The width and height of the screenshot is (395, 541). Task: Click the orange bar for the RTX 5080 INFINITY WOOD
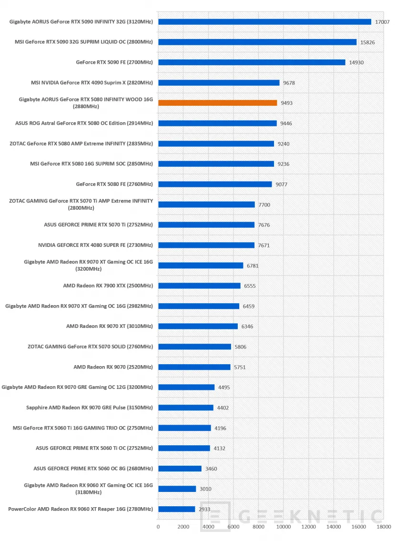pos(218,103)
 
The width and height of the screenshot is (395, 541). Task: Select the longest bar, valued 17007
pos(265,22)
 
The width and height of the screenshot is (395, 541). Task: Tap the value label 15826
pos(367,42)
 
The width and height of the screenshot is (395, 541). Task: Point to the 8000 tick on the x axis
pos(258,527)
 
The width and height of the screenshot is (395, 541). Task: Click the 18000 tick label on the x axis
pos(384,527)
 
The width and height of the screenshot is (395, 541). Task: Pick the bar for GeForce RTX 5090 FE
pos(252,62)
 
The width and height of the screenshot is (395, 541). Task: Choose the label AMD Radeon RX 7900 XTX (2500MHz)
pos(108,286)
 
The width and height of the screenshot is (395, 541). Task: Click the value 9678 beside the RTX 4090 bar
pos(289,83)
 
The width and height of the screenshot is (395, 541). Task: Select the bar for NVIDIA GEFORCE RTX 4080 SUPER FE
pos(207,245)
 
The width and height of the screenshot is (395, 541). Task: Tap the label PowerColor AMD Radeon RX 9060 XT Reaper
pos(81,509)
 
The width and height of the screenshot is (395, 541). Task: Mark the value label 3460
pos(211,469)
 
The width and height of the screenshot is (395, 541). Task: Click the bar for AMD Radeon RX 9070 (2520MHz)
pos(194,367)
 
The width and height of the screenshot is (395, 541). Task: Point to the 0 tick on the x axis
pos(158,527)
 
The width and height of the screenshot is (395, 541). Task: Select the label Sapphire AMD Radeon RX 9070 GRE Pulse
pos(90,408)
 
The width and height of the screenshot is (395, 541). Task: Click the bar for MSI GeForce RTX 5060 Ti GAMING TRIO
pos(185,428)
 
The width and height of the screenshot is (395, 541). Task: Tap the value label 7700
pos(264,204)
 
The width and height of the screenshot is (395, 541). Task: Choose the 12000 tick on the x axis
pos(308,527)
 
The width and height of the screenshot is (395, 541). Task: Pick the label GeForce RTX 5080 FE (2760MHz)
pos(114,184)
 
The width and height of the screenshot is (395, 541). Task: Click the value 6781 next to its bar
pos(253,265)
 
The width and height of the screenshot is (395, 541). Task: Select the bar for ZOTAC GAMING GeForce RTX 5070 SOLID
pos(195,347)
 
